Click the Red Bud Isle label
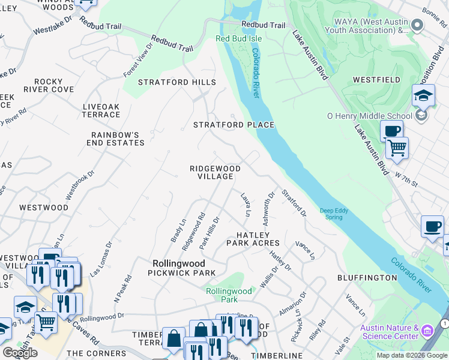[x=239, y=39]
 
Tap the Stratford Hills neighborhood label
[x=177, y=82]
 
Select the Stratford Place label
[x=234, y=125]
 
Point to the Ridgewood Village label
[x=215, y=173]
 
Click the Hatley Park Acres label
[x=253, y=239]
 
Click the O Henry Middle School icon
[x=421, y=116]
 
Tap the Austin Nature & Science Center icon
[x=427, y=331]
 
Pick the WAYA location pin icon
[x=418, y=25]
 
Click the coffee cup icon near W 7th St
[x=391, y=131]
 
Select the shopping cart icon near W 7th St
[x=397, y=148]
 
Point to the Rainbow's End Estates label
[x=118, y=139]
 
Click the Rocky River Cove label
[x=49, y=85]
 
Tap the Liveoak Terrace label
[x=101, y=110]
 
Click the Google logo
[x=20, y=353]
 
